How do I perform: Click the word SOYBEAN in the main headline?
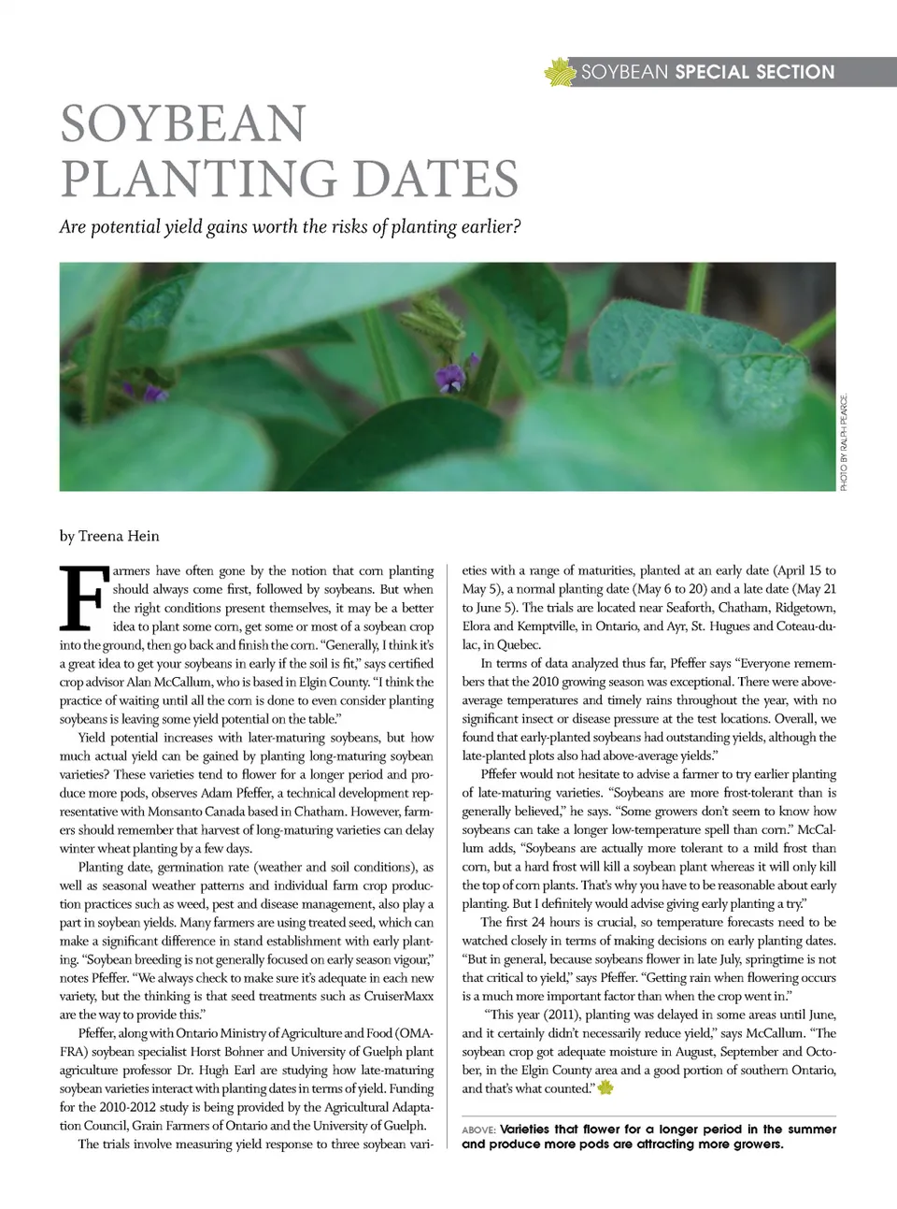pyautogui.click(x=183, y=124)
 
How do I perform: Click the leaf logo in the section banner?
pyautogui.click(x=559, y=72)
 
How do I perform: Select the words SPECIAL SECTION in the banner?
pyautogui.click(x=754, y=72)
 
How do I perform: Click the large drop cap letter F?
pyautogui.click(x=82, y=598)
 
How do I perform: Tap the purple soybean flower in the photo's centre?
pyautogui.click(x=450, y=377)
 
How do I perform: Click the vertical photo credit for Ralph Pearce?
pyautogui.click(x=843, y=440)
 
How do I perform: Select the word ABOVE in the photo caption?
pyautogui.click(x=478, y=1130)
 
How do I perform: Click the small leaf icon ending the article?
pyautogui.click(x=605, y=1087)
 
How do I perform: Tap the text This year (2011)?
pyautogui.click(x=536, y=1015)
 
